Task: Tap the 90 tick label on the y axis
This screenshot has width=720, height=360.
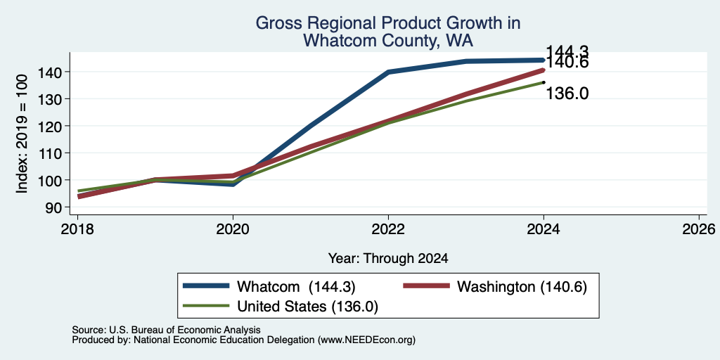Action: click(55, 207)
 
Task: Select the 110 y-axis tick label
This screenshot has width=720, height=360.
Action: click(50, 153)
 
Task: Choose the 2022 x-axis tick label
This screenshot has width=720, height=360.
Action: click(388, 229)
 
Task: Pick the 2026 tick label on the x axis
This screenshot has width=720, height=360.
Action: click(699, 229)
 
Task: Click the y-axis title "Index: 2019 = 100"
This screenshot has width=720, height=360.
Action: click(22, 134)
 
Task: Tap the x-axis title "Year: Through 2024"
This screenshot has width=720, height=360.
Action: click(388, 259)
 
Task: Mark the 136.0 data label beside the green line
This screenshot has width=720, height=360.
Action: click(567, 94)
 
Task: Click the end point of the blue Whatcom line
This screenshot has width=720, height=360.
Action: click(544, 60)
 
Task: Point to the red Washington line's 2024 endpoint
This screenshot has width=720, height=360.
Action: click(544, 70)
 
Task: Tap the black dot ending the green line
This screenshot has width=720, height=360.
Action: click(544, 83)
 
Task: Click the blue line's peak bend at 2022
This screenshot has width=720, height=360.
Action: click(388, 72)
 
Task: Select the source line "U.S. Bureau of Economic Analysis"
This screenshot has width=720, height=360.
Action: click(185, 330)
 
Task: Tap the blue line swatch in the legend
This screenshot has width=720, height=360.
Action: click(206, 286)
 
